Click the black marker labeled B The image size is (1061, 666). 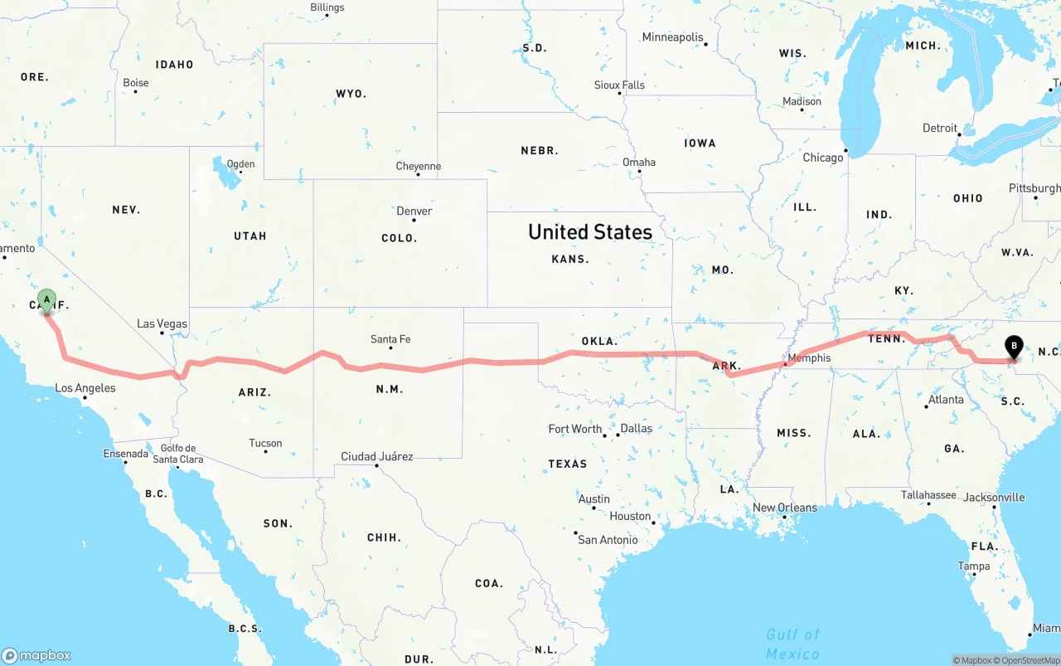click(1013, 347)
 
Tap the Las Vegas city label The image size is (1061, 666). click(162, 323)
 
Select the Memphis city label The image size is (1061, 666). click(808, 358)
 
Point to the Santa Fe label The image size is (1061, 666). click(390, 339)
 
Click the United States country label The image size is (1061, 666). click(590, 231)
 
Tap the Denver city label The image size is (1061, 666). click(414, 211)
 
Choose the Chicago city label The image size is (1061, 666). click(822, 158)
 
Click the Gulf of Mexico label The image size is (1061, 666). click(792, 644)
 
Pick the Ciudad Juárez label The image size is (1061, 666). click(377, 456)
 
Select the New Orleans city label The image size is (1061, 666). click(785, 508)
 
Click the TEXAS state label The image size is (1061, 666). click(568, 464)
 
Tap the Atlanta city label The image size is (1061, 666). click(946, 400)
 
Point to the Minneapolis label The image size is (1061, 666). click(672, 37)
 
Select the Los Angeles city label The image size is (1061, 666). click(85, 388)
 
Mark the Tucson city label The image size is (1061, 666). click(266, 443)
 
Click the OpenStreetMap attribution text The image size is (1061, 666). click(1030, 660)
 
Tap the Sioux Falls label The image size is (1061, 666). click(619, 85)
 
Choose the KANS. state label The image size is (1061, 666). click(570, 259)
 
